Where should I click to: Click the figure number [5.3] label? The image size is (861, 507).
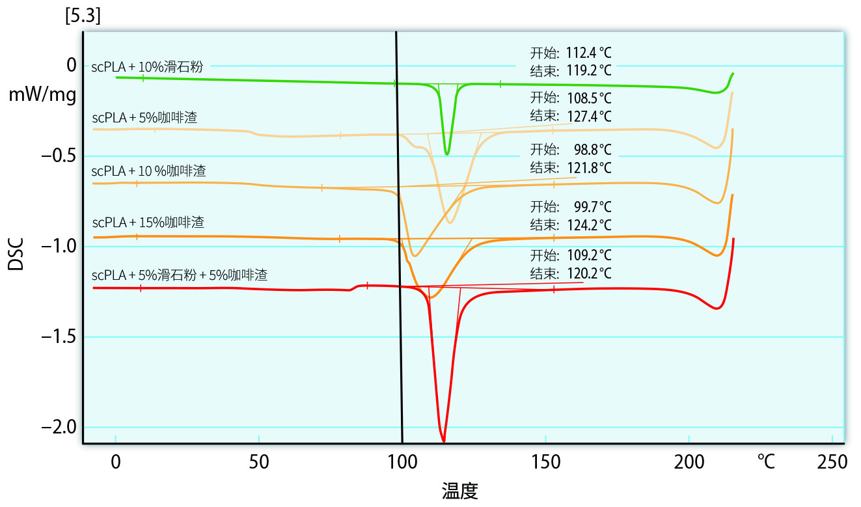[x=82, y=16]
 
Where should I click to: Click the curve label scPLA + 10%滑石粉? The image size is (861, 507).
[x=147, y=66]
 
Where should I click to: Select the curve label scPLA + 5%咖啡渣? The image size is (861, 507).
[x=144, y=118]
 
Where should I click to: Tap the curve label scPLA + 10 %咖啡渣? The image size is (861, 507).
[x=148, y=171]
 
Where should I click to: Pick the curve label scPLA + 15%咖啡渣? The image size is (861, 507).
[x=148, y=223]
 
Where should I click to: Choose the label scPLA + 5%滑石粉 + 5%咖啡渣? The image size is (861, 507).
[x=180, y=275]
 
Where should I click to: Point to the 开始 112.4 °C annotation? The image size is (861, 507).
[x=571, y=53]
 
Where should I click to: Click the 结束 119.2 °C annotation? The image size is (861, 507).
[x=571, y=70]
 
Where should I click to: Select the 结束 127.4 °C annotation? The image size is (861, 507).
[x=571, y=116]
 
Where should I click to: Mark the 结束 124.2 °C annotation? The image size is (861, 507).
[x=571, y=225]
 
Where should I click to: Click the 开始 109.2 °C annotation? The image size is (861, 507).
[x=571, y=254]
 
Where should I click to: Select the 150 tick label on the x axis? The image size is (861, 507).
[x=545, y=462]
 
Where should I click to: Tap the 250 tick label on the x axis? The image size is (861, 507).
[x=832, y=462]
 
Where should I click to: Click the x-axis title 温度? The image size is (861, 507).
[x=460, y=490]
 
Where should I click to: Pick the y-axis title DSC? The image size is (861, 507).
[x=16, y=254]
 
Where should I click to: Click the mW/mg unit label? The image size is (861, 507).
[x=42, y=96]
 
